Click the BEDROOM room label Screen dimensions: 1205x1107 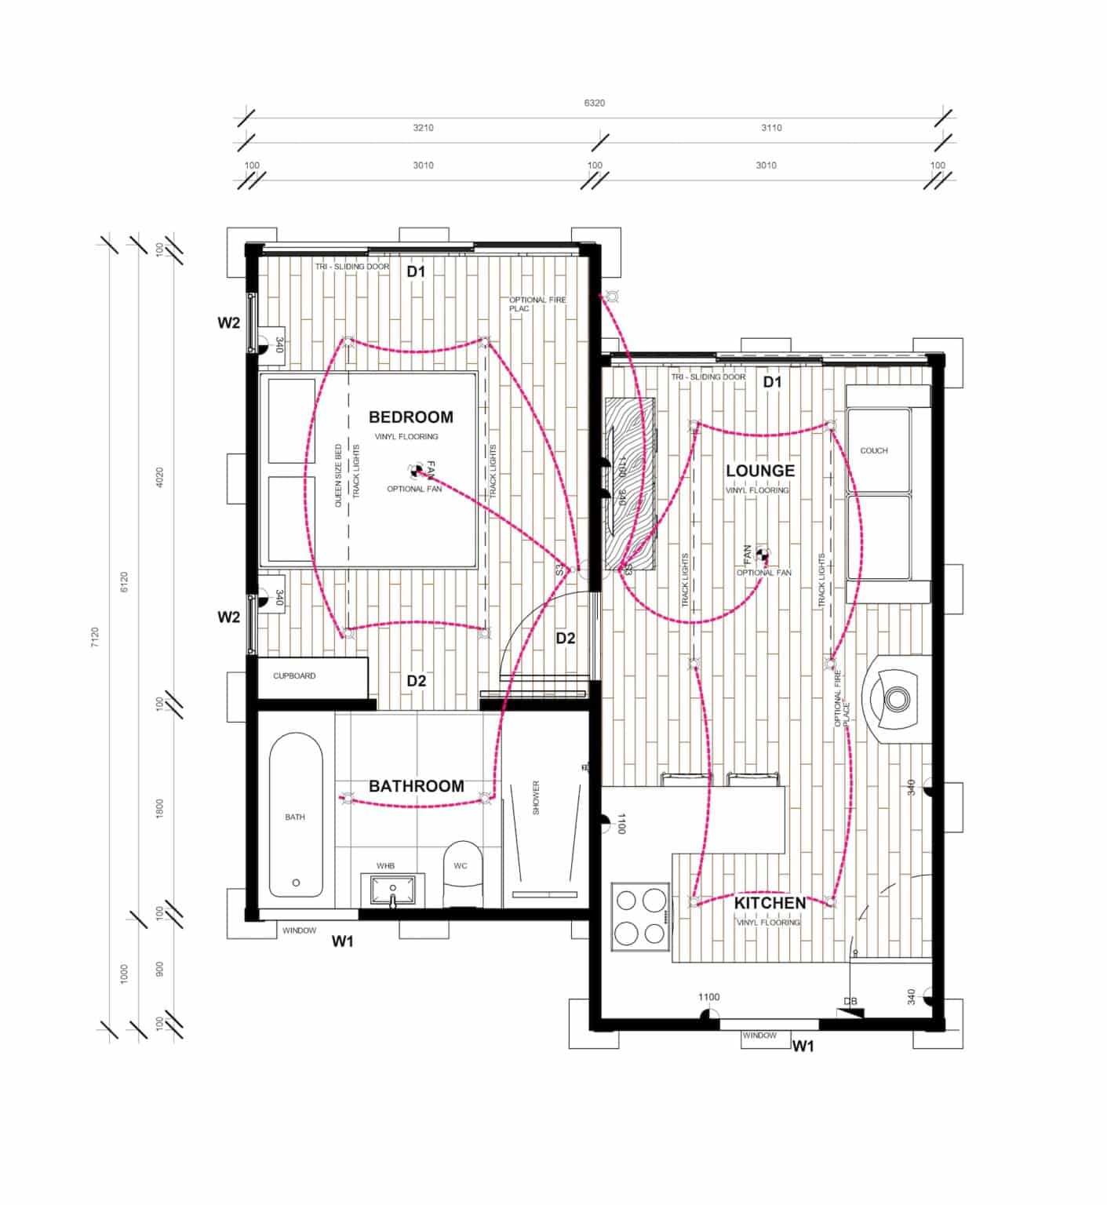(x=410, y=417)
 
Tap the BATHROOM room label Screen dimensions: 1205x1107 (x=416, y=786)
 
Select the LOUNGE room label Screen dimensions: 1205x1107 (x=759, y=471)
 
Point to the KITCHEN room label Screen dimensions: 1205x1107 (x=770, y=903)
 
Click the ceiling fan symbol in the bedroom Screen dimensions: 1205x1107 (x=417, y=471)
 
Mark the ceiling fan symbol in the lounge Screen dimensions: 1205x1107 (x=763, y=555)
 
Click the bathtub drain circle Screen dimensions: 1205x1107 (x=296, y=883)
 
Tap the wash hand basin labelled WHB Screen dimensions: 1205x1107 (x=393, y=890)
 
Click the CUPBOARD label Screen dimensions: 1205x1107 (x=294, y=675)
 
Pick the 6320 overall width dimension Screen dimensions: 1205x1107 (x=594, y=103)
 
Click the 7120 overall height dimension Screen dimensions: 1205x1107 (x=95, y=636)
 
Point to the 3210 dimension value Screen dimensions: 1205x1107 (x=423, y=127)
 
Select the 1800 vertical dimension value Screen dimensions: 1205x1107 (x=159, y=809)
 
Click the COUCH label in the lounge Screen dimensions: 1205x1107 (x=873, y=450)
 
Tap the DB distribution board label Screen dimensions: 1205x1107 (x=850, y=1001)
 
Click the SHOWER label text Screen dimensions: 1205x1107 (x=537, y=797)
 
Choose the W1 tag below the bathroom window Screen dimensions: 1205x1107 (x=342, y=941)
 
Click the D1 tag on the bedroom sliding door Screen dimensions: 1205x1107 (x=415, y=271)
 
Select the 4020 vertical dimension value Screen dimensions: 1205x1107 (x=159, y=478)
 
